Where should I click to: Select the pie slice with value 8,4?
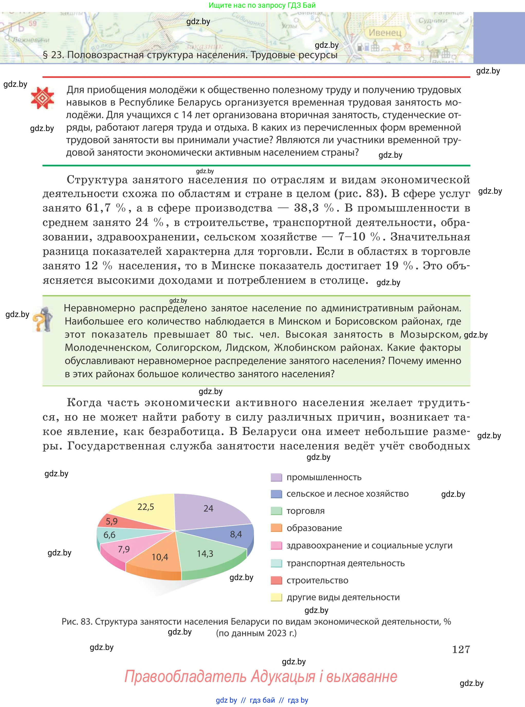pyautogui.click(x=235, y=535)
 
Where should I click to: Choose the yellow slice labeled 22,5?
pyautogui.click(x=146, y=508)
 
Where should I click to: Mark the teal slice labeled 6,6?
pyautogui.click(x=110, y=535)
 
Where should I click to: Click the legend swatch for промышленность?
pyautogui.click(x=276, y=478)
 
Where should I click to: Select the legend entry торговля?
pyautogui.click(x=305, y=511)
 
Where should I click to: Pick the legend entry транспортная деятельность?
pyautogui.click(x=345, y=563)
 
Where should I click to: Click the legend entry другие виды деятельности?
pyautogui.click(x=343, y=597)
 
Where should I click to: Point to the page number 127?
pyautogui.click(x=460, y=649)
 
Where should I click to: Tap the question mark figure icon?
pyautogui.click(x=42, y=319)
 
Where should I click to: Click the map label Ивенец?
pyautogui.click(x=385, y=33)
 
